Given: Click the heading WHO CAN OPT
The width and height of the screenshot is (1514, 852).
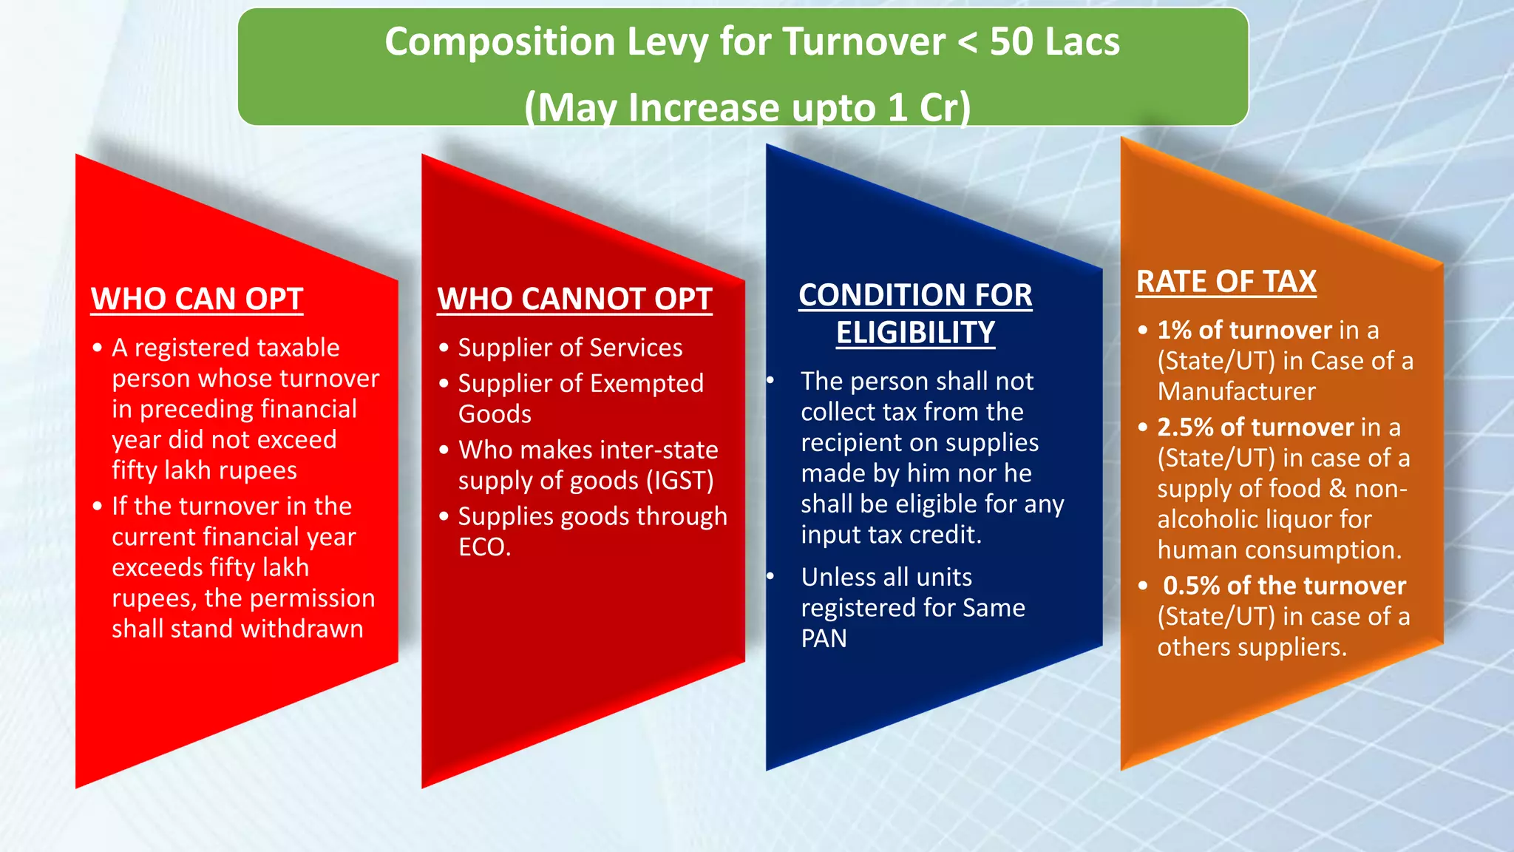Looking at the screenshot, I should coord(197,299).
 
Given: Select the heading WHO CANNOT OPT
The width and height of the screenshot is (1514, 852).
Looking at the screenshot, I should coord(574,299).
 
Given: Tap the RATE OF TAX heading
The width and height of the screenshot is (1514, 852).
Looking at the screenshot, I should coord(1226,282).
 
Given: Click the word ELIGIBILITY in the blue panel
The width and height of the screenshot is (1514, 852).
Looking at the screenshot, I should coord(915,333).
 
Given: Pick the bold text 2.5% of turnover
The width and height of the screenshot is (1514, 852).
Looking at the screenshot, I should coord(1255,427).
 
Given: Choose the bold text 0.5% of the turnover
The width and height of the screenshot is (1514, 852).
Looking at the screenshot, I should coord(1284,586).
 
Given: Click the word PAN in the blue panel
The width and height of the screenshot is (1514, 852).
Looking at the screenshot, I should coord(824,638).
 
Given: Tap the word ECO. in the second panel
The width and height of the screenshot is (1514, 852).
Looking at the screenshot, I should coord(484,547).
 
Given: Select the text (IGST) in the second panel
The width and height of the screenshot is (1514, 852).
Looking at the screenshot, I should coord(680,481).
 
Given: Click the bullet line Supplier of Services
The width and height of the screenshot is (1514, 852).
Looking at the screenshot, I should coord(570,348).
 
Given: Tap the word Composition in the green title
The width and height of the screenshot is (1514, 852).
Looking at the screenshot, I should coord(500,41).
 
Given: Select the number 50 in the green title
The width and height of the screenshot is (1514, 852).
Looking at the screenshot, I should coord(1011,41).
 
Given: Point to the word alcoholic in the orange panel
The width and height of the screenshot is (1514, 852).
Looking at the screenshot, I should coord(1209,520).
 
